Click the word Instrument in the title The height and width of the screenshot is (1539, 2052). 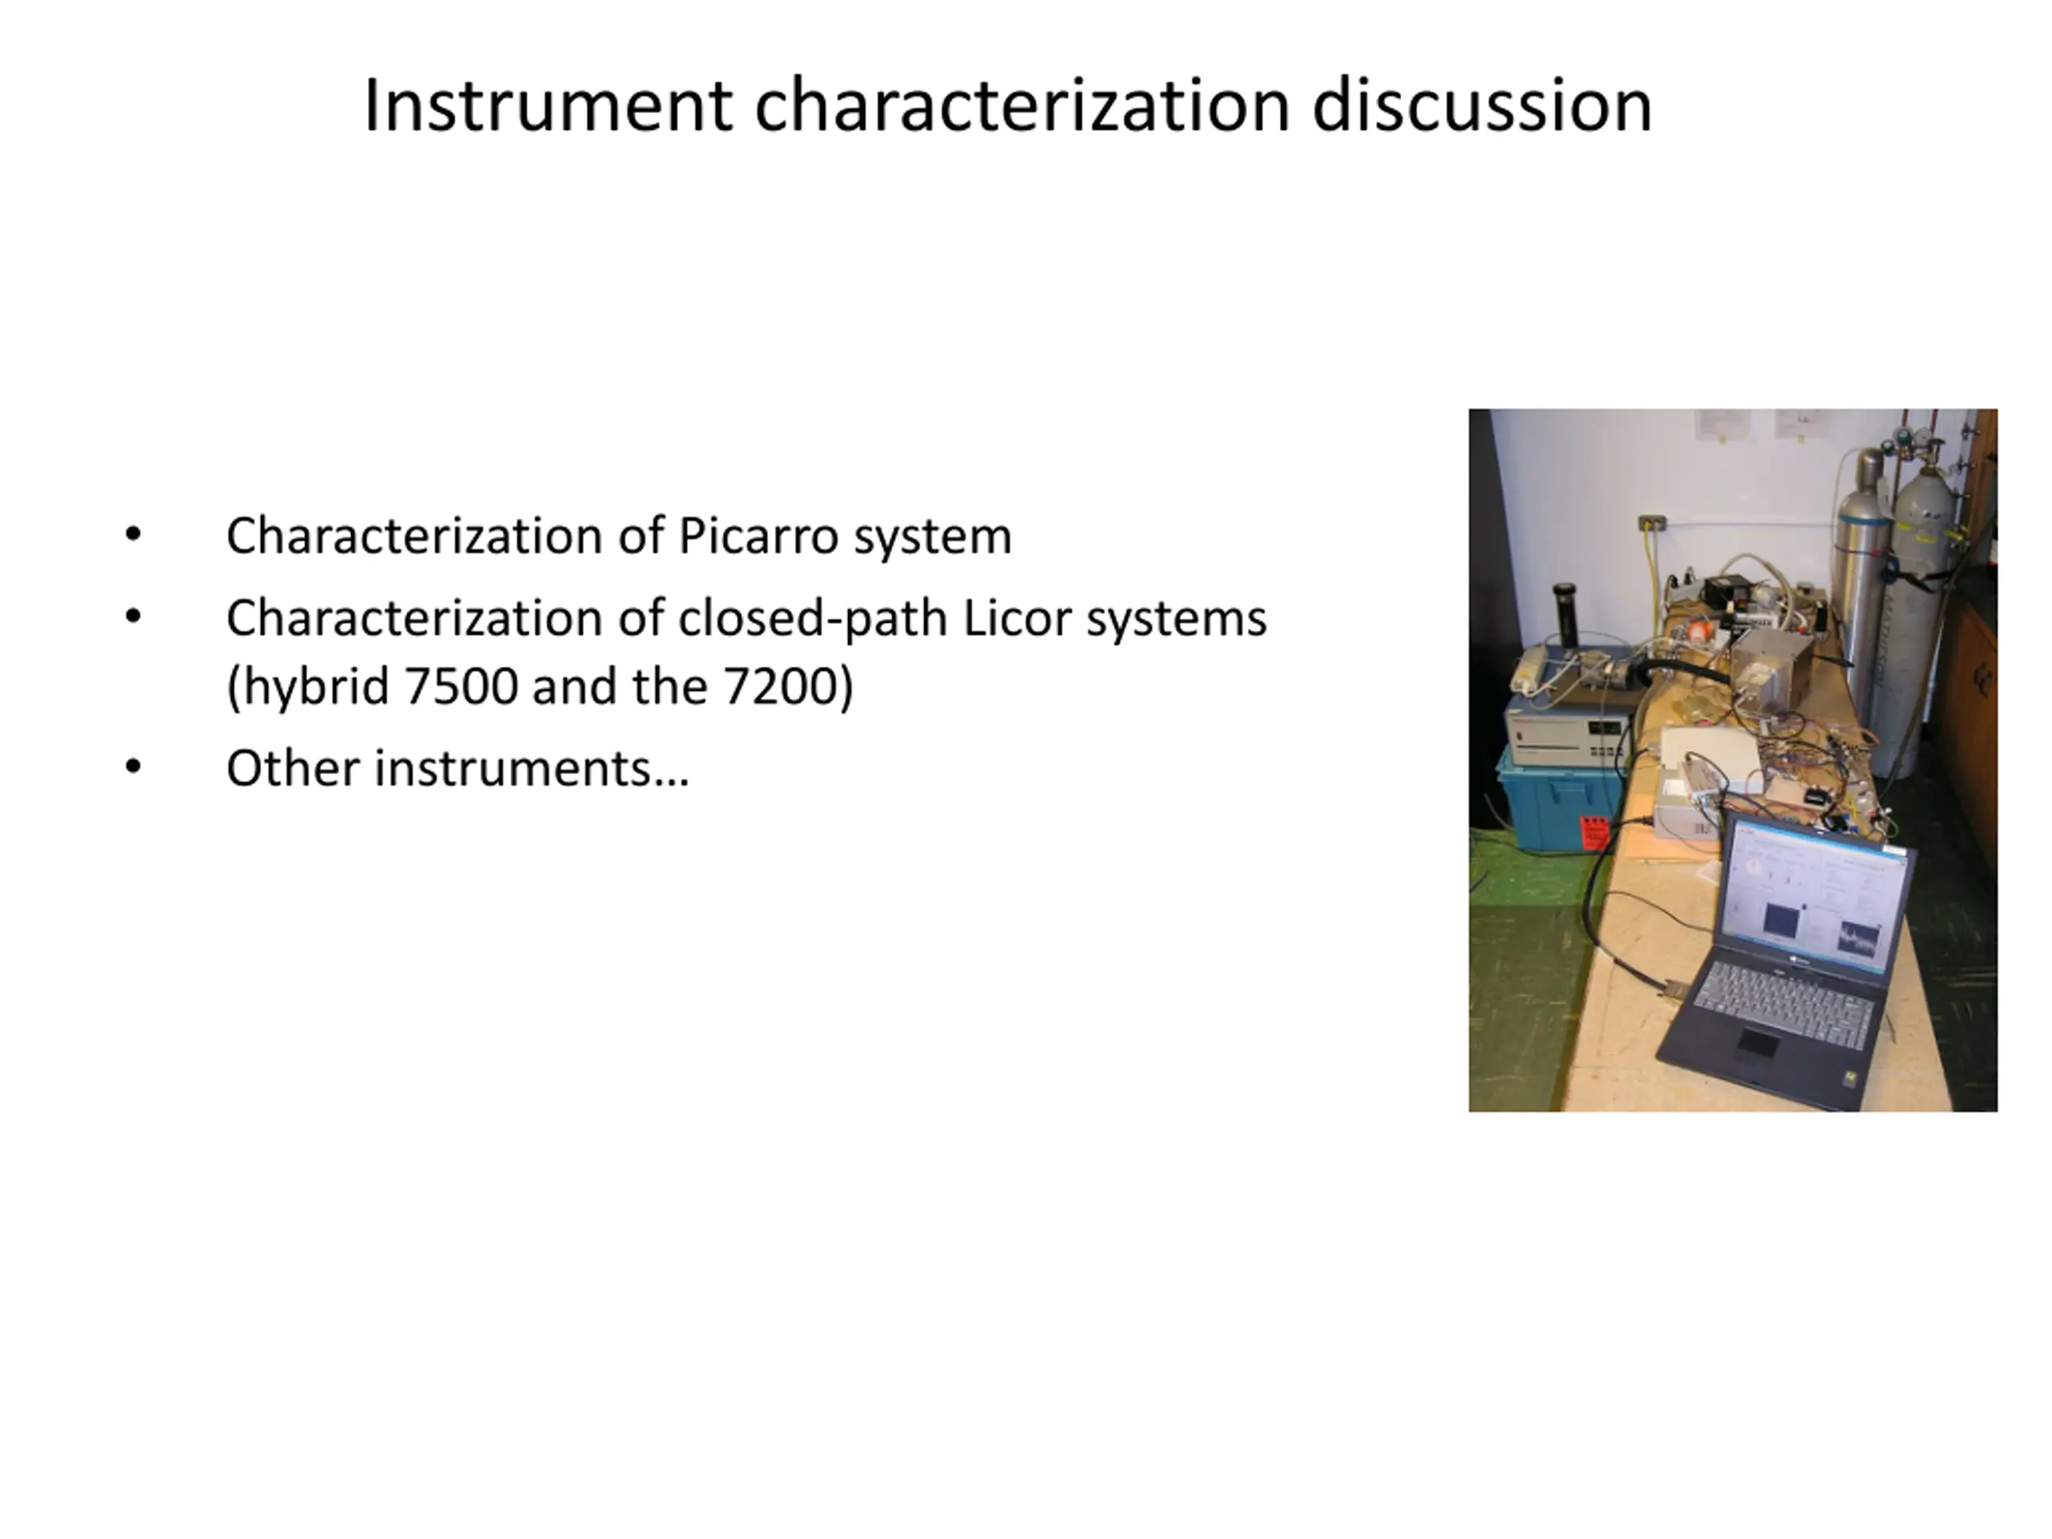[548, 105]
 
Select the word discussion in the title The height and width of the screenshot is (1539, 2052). [1482, 105]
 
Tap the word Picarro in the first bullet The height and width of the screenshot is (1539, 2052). [758, 536]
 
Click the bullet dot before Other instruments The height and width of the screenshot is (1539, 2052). [134, 766]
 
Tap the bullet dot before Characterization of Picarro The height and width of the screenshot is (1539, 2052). [134, 535]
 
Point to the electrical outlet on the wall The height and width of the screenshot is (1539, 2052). [1651, 523]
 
